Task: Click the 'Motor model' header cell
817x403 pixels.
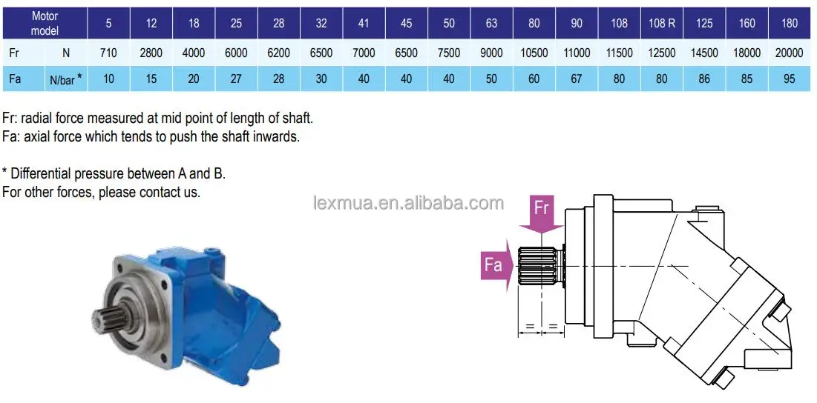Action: (45, 22)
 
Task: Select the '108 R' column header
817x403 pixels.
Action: (661, 23)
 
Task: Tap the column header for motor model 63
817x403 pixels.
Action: (491, 23)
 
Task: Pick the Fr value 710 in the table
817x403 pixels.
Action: (108, 53)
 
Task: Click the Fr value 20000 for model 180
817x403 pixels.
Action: (789, 53)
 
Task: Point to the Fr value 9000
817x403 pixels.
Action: (491, 53)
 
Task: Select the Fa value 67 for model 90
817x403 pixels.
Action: (577, 79)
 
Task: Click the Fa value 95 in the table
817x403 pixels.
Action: (789, 79)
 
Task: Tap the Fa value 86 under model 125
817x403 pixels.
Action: (704, 79)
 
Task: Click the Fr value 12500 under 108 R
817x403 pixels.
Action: (661, 53)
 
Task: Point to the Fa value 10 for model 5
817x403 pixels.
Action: (108, 79)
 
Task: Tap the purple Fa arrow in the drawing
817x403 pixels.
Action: (496, 264)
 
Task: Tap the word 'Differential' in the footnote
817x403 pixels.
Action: (42, 173)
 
